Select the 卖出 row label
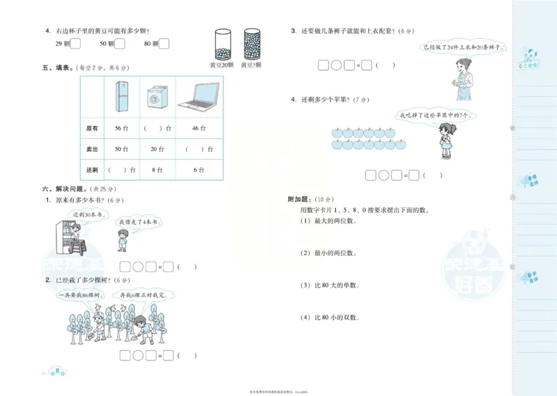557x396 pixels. pyautogui.click(x=92, y=150)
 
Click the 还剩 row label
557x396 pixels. pyautogui.click(x=92, y=170)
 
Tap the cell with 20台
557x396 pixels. pyautogui.click(x=157, y=150)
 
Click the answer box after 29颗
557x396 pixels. pyautogui.click(x=76, y=44)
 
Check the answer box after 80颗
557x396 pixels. pyautogui.click(x=164, y=44)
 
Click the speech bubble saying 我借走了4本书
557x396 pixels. pyautogui.click(x=139, y=222)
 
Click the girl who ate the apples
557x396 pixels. pyautogui.click(x=446, y=138)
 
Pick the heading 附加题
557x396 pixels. pyautogui.click(x=300, y=199)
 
